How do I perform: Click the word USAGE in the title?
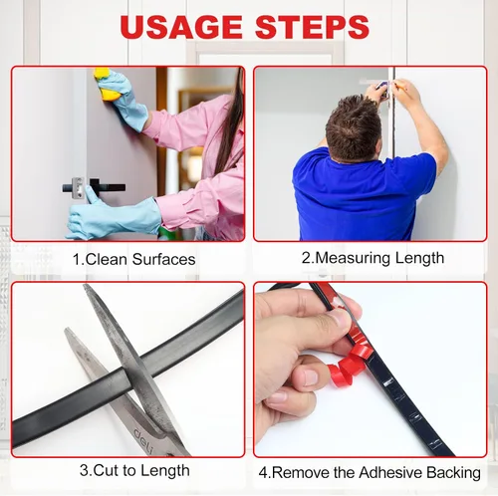[x=181, y=26]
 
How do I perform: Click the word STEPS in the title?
[x=312, y=26]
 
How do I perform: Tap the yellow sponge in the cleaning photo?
[x=107, y=85]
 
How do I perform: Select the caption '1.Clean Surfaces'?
[x=133, y=259]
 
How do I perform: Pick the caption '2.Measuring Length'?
[x=373, y=258]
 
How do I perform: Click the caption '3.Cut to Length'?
[x=134, y=471]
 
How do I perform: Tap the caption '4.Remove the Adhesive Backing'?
[x=370, y=472]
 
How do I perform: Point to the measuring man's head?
[x=354, y=127]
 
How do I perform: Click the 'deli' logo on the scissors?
[x=143, y=439]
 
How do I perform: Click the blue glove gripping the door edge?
[x=113, y=215]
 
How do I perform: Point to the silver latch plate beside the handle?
[x=78, y=187]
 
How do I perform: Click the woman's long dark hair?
[x=232, y=123]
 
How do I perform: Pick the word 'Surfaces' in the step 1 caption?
[x=164, y=259]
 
